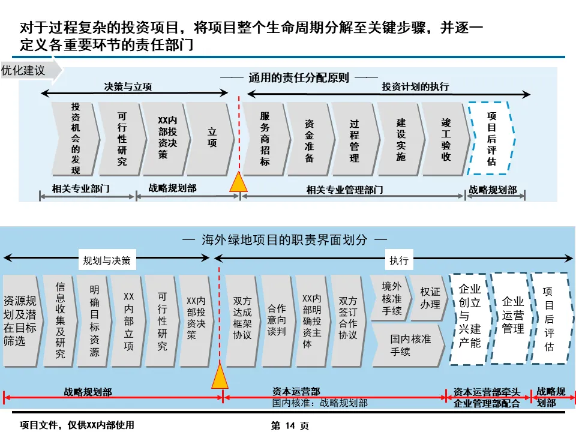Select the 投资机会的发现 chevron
click(x=74, y=138)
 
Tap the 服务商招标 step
click(x=265, y=138)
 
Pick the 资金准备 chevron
click(x=309, y=138)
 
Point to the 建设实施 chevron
click(x=400, y=138)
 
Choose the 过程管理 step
click(x=354, y=138)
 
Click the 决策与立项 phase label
click(x=128, y=86)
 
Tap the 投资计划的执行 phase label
click(x=415, y=86)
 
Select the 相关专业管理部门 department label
click(x=344, y=190)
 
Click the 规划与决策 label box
click(x=110, y=261)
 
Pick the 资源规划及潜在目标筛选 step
click(x=20, y=320)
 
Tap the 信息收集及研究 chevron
click(x=59, y=320)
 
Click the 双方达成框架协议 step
click(x=242, y=320)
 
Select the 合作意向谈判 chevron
click(x=277, y=320)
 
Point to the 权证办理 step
click(x=430, y=298)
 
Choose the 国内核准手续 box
click(x=409, y=345)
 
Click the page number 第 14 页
click(x=290, y=425)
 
